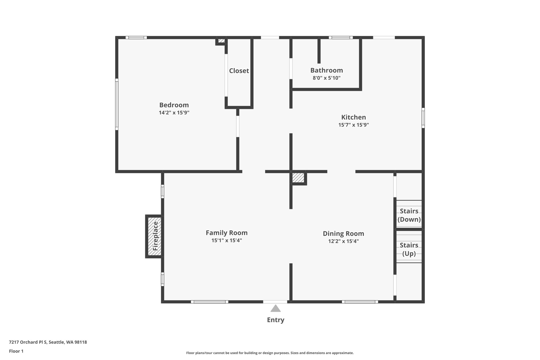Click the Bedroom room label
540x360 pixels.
(x=174, y=105)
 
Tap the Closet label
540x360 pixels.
(x=239, y=71)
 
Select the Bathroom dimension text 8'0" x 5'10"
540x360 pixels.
(x=326, y=78)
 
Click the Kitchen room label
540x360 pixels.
(x=353, y=117)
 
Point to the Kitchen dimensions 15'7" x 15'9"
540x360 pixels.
(x=353, y=125)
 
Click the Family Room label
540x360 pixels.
(x=226, y=233)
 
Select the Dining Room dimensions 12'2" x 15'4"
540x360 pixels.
(x=343, y=241)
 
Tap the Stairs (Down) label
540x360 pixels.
(x=409, y=215)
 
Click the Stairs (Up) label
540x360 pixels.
(x=409, y=249)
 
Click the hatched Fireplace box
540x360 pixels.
(x=155, y=236)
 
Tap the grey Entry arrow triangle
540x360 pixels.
(x=276, y=309)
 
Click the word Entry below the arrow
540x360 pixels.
(x=276, y=320)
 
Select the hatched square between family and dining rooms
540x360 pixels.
(x=298, y=177)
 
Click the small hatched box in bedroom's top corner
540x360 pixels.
(x=221, y=41)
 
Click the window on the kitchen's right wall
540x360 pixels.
(x=423, y=118)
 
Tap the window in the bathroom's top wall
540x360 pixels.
(x=340, y=37)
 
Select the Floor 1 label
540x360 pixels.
(x=16, y=351)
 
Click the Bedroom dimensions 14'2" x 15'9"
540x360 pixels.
(x=174, y=113)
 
